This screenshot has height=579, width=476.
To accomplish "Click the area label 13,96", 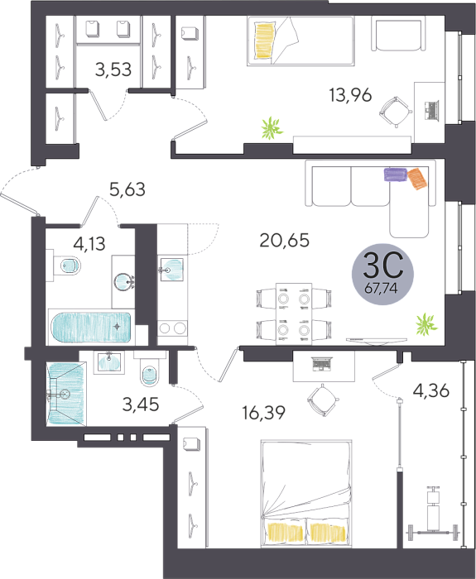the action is (350, 96).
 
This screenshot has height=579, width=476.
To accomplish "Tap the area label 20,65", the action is (285, 241).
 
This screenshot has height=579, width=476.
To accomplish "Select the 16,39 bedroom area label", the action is (263, 413).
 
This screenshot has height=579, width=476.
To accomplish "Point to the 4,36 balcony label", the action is (431, 390).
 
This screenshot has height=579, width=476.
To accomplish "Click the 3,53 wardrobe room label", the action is (113, 69).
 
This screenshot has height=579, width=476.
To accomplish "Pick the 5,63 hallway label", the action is (127, 189).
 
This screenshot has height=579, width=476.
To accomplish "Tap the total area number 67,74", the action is (381, 288).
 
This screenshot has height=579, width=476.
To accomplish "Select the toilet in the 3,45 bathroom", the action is (150, 369).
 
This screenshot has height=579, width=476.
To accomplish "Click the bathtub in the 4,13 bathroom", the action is (91, 328).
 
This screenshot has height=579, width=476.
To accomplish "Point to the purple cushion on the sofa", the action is (396, 175).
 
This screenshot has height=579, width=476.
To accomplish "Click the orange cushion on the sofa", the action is (417, 179).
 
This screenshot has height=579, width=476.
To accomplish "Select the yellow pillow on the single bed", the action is (265, 41).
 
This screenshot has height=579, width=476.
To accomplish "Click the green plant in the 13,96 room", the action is (272, 128).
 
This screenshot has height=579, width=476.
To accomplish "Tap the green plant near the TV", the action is (426, 324).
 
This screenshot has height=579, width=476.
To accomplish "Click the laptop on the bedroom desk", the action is (322, 363).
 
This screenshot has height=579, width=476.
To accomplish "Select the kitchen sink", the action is (172, 269).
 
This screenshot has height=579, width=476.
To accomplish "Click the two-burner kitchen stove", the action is (172, 328).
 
